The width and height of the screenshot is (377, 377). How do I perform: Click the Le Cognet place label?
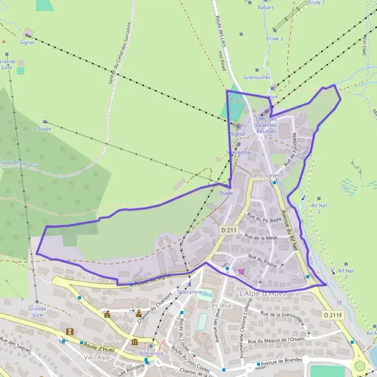(264, 175)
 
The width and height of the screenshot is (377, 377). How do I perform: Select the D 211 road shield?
(228, 231)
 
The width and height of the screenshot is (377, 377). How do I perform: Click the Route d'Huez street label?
(102, 343)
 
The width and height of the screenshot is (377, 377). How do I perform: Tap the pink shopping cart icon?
(241, 271)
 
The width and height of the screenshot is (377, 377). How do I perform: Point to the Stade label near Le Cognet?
(226, 193)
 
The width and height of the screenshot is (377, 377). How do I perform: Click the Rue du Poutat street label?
(262, 258)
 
